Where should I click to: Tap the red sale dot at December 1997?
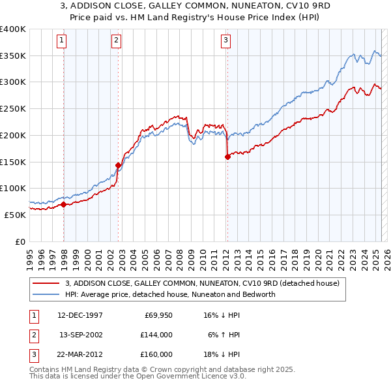(63, 204)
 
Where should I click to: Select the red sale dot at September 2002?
(118, 165)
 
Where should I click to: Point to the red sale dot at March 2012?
(227, 157)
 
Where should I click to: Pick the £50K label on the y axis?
(15, 215)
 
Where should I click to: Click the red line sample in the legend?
(46, 284)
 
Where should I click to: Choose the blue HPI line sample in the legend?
(46, 294)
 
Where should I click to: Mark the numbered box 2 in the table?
(33, 335)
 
